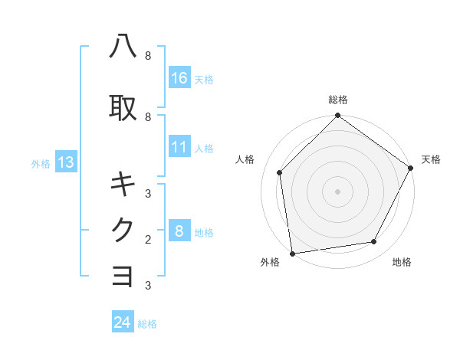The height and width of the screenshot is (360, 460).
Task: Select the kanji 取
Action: [123, 107]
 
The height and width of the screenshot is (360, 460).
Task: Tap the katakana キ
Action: [123, 184]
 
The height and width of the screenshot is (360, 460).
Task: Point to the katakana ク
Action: [123, 230]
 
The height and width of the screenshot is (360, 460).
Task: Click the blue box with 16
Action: [179, 78]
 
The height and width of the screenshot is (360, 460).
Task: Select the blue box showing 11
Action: [179, 148]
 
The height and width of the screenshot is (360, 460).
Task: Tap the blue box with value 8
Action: [179, 231]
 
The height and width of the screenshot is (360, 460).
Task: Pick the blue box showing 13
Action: [65, 162]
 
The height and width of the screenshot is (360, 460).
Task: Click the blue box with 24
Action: [123, 322]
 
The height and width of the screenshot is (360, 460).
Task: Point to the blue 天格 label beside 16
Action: [203, 79]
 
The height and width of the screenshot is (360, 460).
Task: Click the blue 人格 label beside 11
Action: [203, 149]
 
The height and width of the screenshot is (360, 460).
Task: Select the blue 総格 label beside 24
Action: [147, 324]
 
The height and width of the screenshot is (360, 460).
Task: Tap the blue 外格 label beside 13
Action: [41, 163]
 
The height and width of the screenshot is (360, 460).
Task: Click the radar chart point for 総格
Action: [337, 116]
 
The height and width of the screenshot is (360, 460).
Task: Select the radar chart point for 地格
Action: [374, 242]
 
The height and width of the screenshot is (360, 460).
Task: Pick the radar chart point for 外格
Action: [292, 253]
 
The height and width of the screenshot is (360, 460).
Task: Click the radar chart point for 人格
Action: [280, 172]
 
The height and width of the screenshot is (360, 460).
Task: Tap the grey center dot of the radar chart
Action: [337, 191]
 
